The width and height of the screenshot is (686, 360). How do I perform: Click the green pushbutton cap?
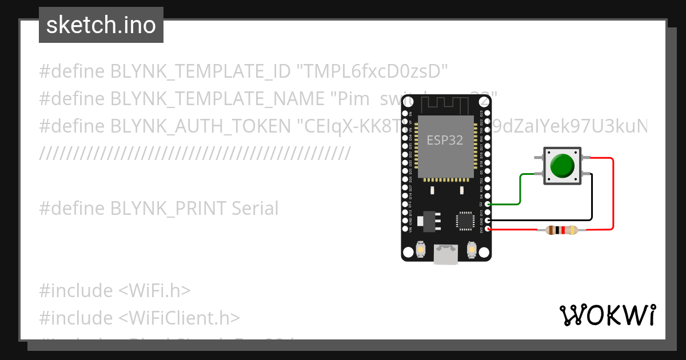tap(562, 166)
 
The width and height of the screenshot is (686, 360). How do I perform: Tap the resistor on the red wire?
tap(563, 230)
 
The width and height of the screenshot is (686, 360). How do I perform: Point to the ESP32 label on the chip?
tap(445, 140)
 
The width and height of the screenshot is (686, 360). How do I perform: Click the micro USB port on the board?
tap(445, 254)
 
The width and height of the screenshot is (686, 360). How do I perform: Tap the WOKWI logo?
tap(607, 315)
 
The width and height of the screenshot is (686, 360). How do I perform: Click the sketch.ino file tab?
tap(101, 25)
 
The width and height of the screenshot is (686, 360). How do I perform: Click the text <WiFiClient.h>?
tap(179, 318)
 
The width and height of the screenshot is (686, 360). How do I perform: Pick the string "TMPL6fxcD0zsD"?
tap(372, 71)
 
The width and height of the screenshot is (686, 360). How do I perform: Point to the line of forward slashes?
tap(194, 154)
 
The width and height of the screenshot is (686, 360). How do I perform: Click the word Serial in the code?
tap(255, 209)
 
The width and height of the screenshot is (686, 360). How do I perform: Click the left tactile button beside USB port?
tap(420, 250)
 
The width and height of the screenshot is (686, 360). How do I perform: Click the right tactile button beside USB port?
tap(472, 250)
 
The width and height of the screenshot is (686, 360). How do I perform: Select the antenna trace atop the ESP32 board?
tap(445, 104)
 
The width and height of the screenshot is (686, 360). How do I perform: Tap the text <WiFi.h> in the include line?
tap(154, 290)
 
